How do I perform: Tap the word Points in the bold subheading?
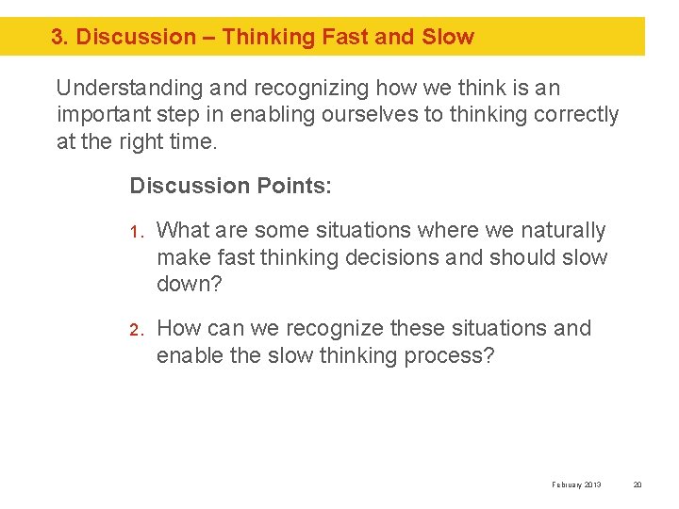point(291,186)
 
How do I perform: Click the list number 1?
point(135,232)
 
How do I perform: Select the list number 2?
point(135,330)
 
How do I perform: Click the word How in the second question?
point(177,329)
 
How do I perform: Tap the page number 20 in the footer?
point(637,484)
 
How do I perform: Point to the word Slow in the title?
point(448,38)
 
